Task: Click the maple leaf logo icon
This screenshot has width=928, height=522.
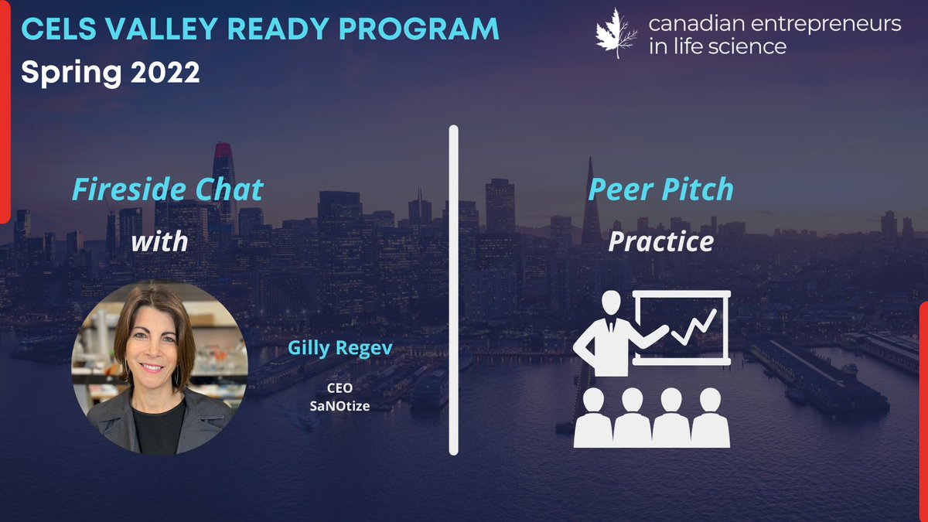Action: tap(616, 33)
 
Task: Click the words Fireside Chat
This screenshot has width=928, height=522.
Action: tap(168, 190)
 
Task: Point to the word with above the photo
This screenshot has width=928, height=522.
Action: tap(159, 241)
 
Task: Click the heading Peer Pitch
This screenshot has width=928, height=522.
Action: tap(660, 190)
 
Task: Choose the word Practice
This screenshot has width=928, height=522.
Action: tap(660, 241)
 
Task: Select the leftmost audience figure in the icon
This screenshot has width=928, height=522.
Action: tap(593, 418)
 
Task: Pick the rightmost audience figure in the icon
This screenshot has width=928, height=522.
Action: tap(710, 418)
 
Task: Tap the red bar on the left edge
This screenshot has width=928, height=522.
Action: tap(4, 108)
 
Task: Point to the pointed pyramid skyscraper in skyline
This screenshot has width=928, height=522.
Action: tap(591, 205)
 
